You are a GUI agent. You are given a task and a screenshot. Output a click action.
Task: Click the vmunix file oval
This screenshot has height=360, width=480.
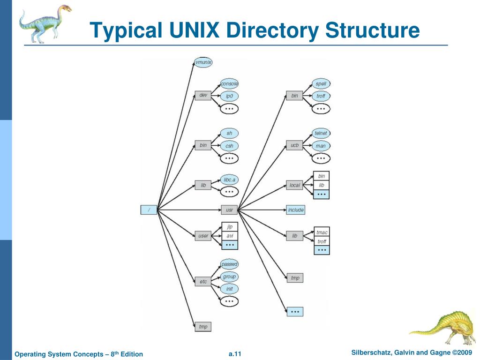(203, 62)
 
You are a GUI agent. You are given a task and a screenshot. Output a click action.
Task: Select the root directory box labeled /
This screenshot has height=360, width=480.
(149, 210)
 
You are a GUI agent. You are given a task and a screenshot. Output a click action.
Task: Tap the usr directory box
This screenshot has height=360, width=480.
(229, 210)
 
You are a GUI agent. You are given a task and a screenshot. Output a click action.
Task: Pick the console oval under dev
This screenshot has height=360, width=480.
(229, 83)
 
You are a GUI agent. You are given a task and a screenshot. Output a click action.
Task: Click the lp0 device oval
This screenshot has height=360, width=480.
(229, 96)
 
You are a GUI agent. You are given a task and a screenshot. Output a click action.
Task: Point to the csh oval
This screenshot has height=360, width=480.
(229, 146)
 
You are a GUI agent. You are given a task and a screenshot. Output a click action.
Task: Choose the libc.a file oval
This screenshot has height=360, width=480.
(229, 180)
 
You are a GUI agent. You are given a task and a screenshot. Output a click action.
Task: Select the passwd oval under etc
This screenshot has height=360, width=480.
(229, 264)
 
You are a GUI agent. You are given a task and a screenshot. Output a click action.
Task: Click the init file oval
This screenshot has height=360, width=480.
(229, 289)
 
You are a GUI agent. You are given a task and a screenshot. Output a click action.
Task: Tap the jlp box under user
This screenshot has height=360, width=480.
(230, 227)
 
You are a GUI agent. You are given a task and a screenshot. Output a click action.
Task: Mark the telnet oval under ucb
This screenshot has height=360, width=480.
(321, 133)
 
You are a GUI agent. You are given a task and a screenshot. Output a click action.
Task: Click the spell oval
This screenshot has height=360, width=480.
(321, 83)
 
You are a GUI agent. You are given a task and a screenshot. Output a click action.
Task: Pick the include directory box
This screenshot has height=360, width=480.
(296, 210)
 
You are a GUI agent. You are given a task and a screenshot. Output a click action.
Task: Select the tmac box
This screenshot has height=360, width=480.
(322, 232)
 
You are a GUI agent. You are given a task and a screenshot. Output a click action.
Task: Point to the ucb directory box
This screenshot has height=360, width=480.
(294, 145)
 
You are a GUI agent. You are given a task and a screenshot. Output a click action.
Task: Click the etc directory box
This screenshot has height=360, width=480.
(203, 282)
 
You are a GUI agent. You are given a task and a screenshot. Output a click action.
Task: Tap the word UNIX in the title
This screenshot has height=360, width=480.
(194, 30)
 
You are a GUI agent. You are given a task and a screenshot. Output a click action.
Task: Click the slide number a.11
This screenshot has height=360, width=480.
(235, 354)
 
